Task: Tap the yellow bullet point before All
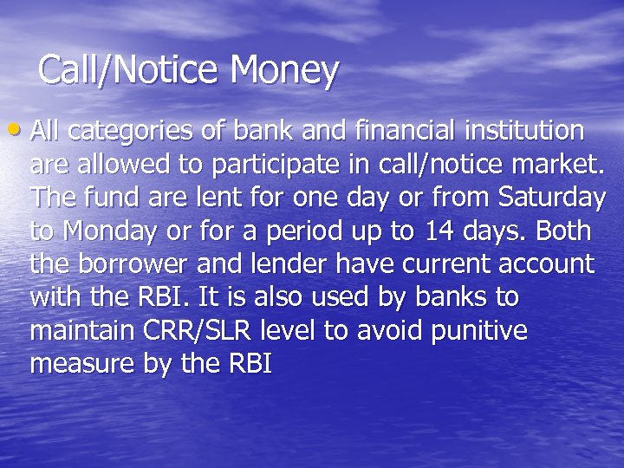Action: [x=20, y=132]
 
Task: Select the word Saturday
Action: [x=552, y=198]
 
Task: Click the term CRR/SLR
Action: [x=207, y=331]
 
